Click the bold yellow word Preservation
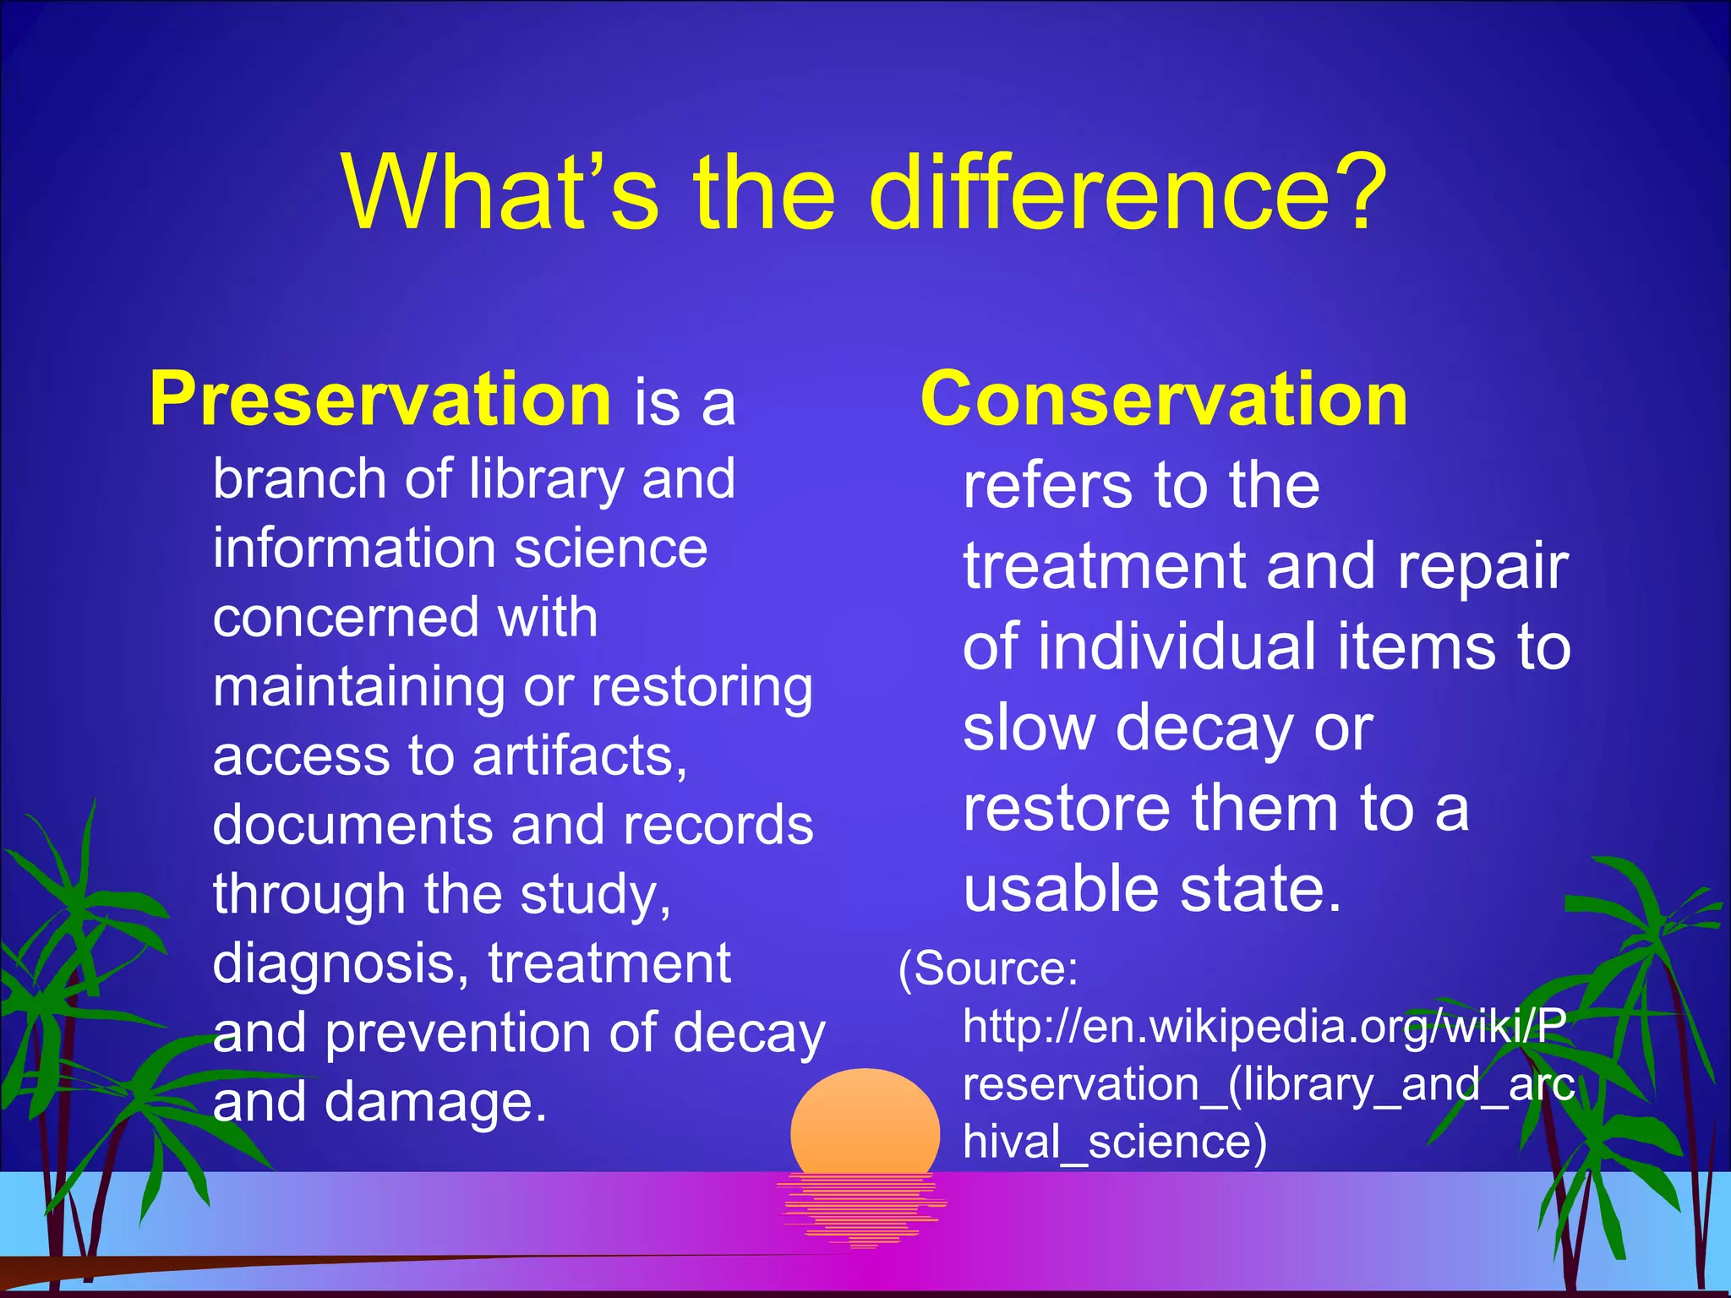pos(380,400)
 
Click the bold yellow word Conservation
pos(1164,400)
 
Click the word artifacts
pos(579,755)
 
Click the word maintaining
pos(358,686)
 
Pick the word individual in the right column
pos(1177,647)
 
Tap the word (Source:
pos(988,968)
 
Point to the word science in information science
pos(610,549)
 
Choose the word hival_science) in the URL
pos(1115,1142)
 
